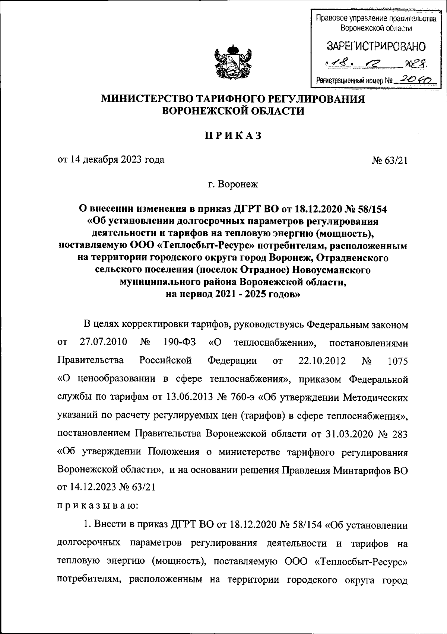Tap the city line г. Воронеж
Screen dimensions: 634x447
233,184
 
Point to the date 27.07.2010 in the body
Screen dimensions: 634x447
104,342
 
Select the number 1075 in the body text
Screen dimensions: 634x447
397,361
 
